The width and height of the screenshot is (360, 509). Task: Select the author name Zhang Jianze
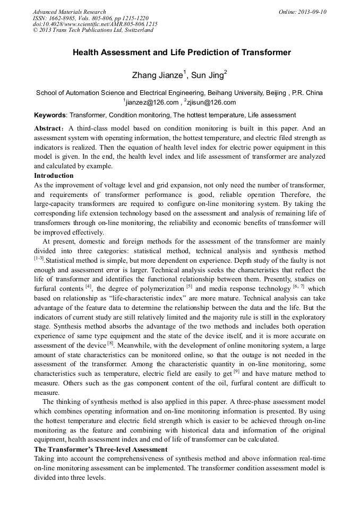(x=157, y=74)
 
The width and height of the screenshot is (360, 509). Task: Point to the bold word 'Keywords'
(x=50, y=115)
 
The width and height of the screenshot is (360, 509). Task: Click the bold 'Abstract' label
(x=49, y=128)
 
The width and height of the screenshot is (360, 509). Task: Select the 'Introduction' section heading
(x=54, y=176)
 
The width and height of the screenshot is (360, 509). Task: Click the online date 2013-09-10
(x=312, y=12)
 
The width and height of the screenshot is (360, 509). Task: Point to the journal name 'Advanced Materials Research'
(x=69, y=12)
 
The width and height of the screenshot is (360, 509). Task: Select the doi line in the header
(x=95, y=24)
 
